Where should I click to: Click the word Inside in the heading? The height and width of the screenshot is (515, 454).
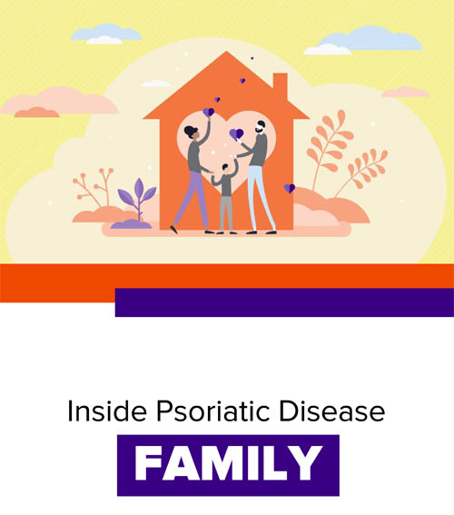107,411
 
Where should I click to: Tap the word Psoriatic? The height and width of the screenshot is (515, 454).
213,411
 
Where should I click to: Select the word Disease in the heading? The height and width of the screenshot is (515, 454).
332,411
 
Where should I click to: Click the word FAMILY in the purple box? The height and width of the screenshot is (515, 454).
229,463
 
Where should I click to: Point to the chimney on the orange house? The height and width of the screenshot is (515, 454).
281,84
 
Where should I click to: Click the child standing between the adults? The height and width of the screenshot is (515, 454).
226,195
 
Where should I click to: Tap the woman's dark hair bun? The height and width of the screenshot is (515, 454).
189,131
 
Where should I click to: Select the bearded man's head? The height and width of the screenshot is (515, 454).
261,127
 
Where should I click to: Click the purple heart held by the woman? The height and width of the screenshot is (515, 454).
209,112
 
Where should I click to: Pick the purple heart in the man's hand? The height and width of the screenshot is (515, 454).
236,134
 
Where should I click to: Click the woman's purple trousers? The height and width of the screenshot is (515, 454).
194,199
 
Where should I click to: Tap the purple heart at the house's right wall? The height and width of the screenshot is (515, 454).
290,188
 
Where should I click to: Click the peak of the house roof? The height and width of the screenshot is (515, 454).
226,52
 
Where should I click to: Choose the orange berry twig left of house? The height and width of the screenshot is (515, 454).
95,187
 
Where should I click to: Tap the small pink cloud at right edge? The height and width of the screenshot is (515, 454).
405,92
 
